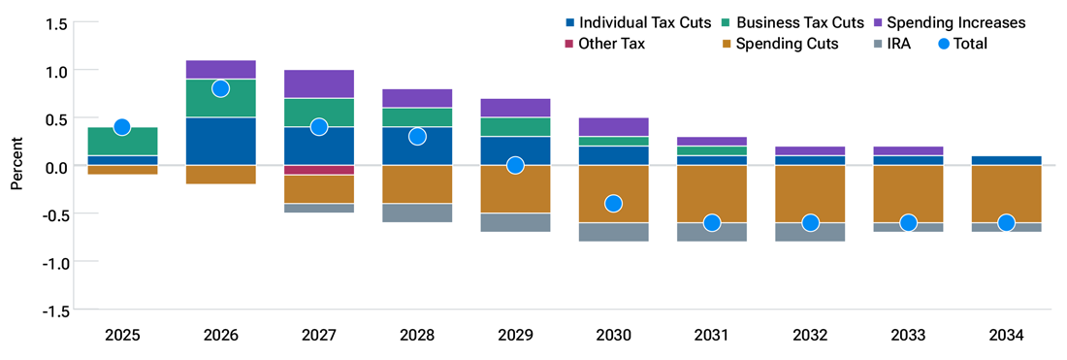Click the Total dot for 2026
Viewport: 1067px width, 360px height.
coord(220,88)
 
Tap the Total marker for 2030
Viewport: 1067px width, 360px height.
coord(613,204)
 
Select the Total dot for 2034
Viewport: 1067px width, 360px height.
coord(1006,223)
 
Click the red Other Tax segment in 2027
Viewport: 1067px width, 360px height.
coord(318,170)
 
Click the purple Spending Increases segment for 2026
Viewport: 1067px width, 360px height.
coord(220,70)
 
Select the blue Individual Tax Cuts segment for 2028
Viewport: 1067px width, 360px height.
coord(417,147)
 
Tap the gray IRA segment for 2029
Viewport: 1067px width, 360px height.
coord(515,223)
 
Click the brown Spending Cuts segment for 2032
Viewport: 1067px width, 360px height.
coord(810,194)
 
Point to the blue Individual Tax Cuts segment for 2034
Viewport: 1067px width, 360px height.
coord(1006,161)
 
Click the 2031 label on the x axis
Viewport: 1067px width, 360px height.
coord(712,336)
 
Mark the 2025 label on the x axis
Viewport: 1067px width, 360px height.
coord(122,336)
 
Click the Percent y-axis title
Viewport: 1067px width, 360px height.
coord(16,167)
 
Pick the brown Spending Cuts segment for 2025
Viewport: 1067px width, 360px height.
coord(122,170)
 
